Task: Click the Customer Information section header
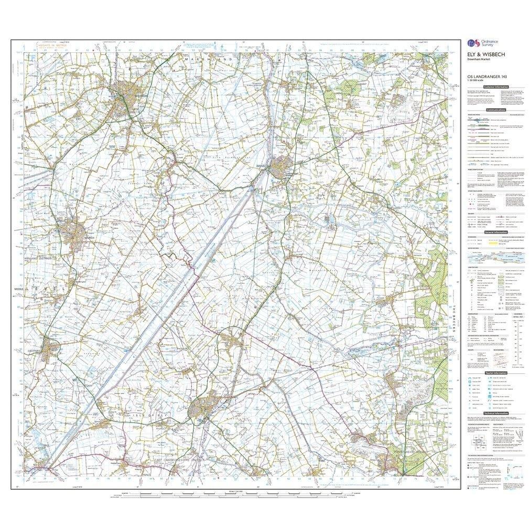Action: [495, 86]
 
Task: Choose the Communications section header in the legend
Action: [495, 110]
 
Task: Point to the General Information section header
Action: [495, 232]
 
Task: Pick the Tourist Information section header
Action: [495, 372]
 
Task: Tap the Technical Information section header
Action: [495, 413]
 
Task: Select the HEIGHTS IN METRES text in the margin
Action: [50, 47]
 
